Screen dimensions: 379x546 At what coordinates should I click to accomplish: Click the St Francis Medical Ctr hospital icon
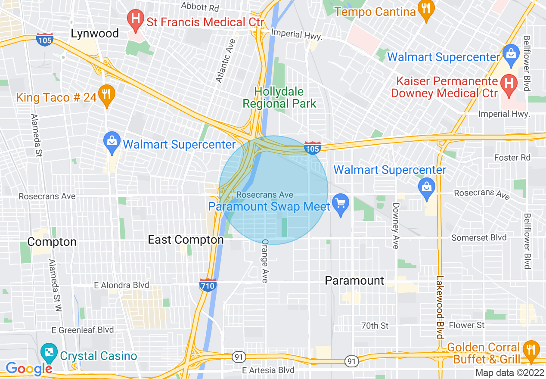tap(135, 20)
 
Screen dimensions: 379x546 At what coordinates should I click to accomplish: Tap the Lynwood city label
tap(95, 34)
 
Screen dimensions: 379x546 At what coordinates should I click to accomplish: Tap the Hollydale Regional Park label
tap(279, 97)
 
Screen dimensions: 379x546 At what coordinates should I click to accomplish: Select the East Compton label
tap(186, 239)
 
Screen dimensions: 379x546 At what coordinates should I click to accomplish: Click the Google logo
tap(28, 368)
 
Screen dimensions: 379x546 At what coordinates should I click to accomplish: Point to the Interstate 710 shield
tap(208, 285)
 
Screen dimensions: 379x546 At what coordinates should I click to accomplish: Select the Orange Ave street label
tap(265, 261)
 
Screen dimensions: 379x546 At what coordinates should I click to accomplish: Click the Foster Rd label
tap(512, 158)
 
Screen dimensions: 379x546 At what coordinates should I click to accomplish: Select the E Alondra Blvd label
tap(122, 285)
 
